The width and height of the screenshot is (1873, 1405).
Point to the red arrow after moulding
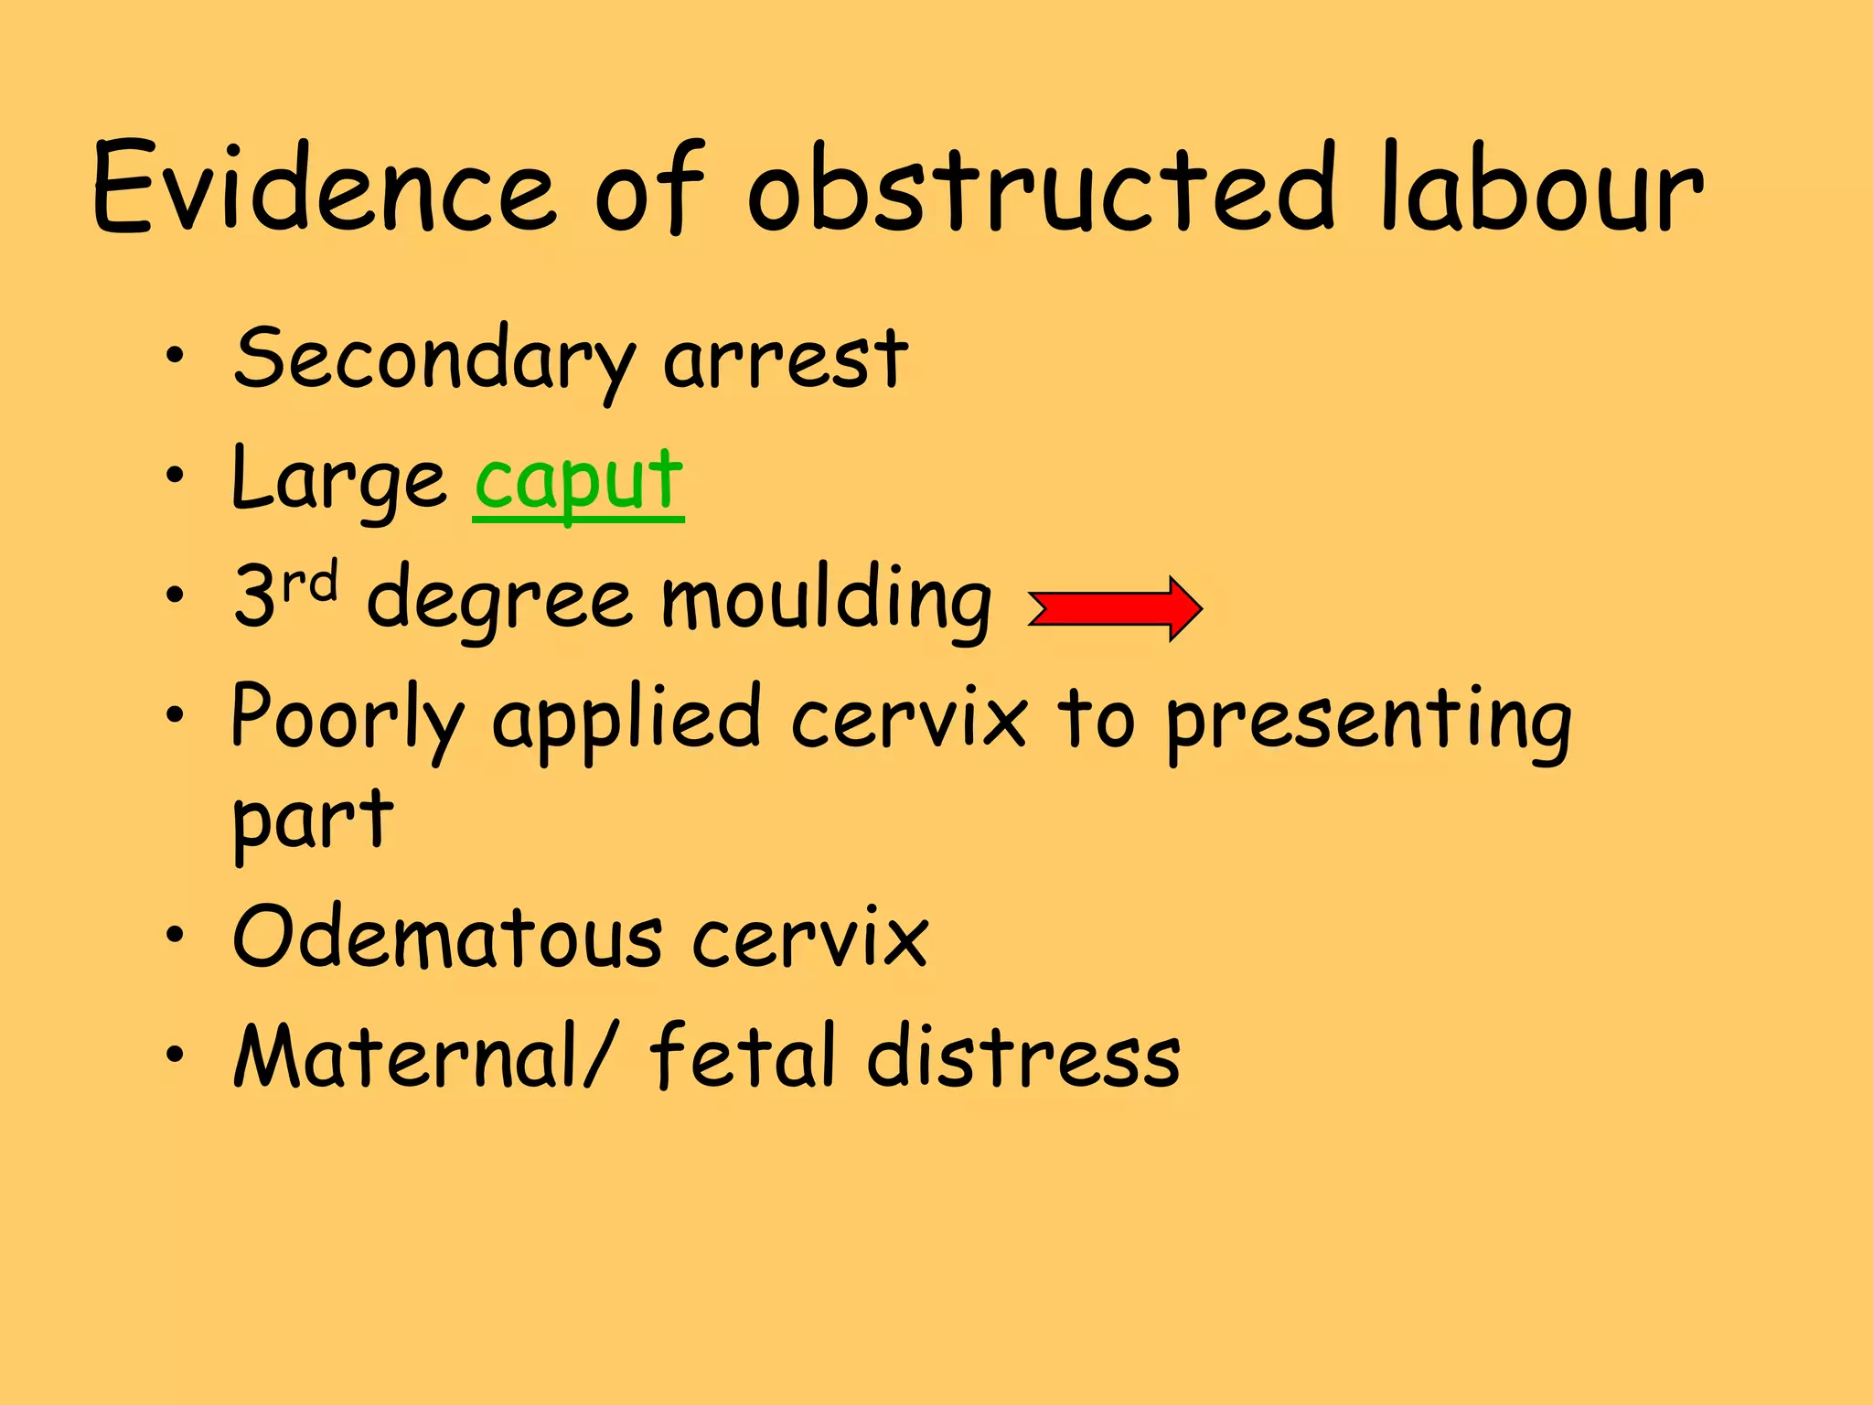[1115, 608]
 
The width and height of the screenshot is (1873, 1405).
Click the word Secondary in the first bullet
[434, 359]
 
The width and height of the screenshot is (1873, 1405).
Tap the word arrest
[787, 359]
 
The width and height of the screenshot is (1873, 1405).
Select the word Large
[338, 480]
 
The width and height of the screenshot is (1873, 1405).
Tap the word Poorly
[348, 718]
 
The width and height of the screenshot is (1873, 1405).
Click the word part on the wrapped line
[313, 820]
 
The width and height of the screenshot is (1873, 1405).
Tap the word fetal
[741, 1056]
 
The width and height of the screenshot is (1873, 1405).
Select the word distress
[1024, 1056]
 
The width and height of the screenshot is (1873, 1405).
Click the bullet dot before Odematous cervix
[175, 935]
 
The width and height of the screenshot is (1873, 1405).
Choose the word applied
[626, 718]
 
